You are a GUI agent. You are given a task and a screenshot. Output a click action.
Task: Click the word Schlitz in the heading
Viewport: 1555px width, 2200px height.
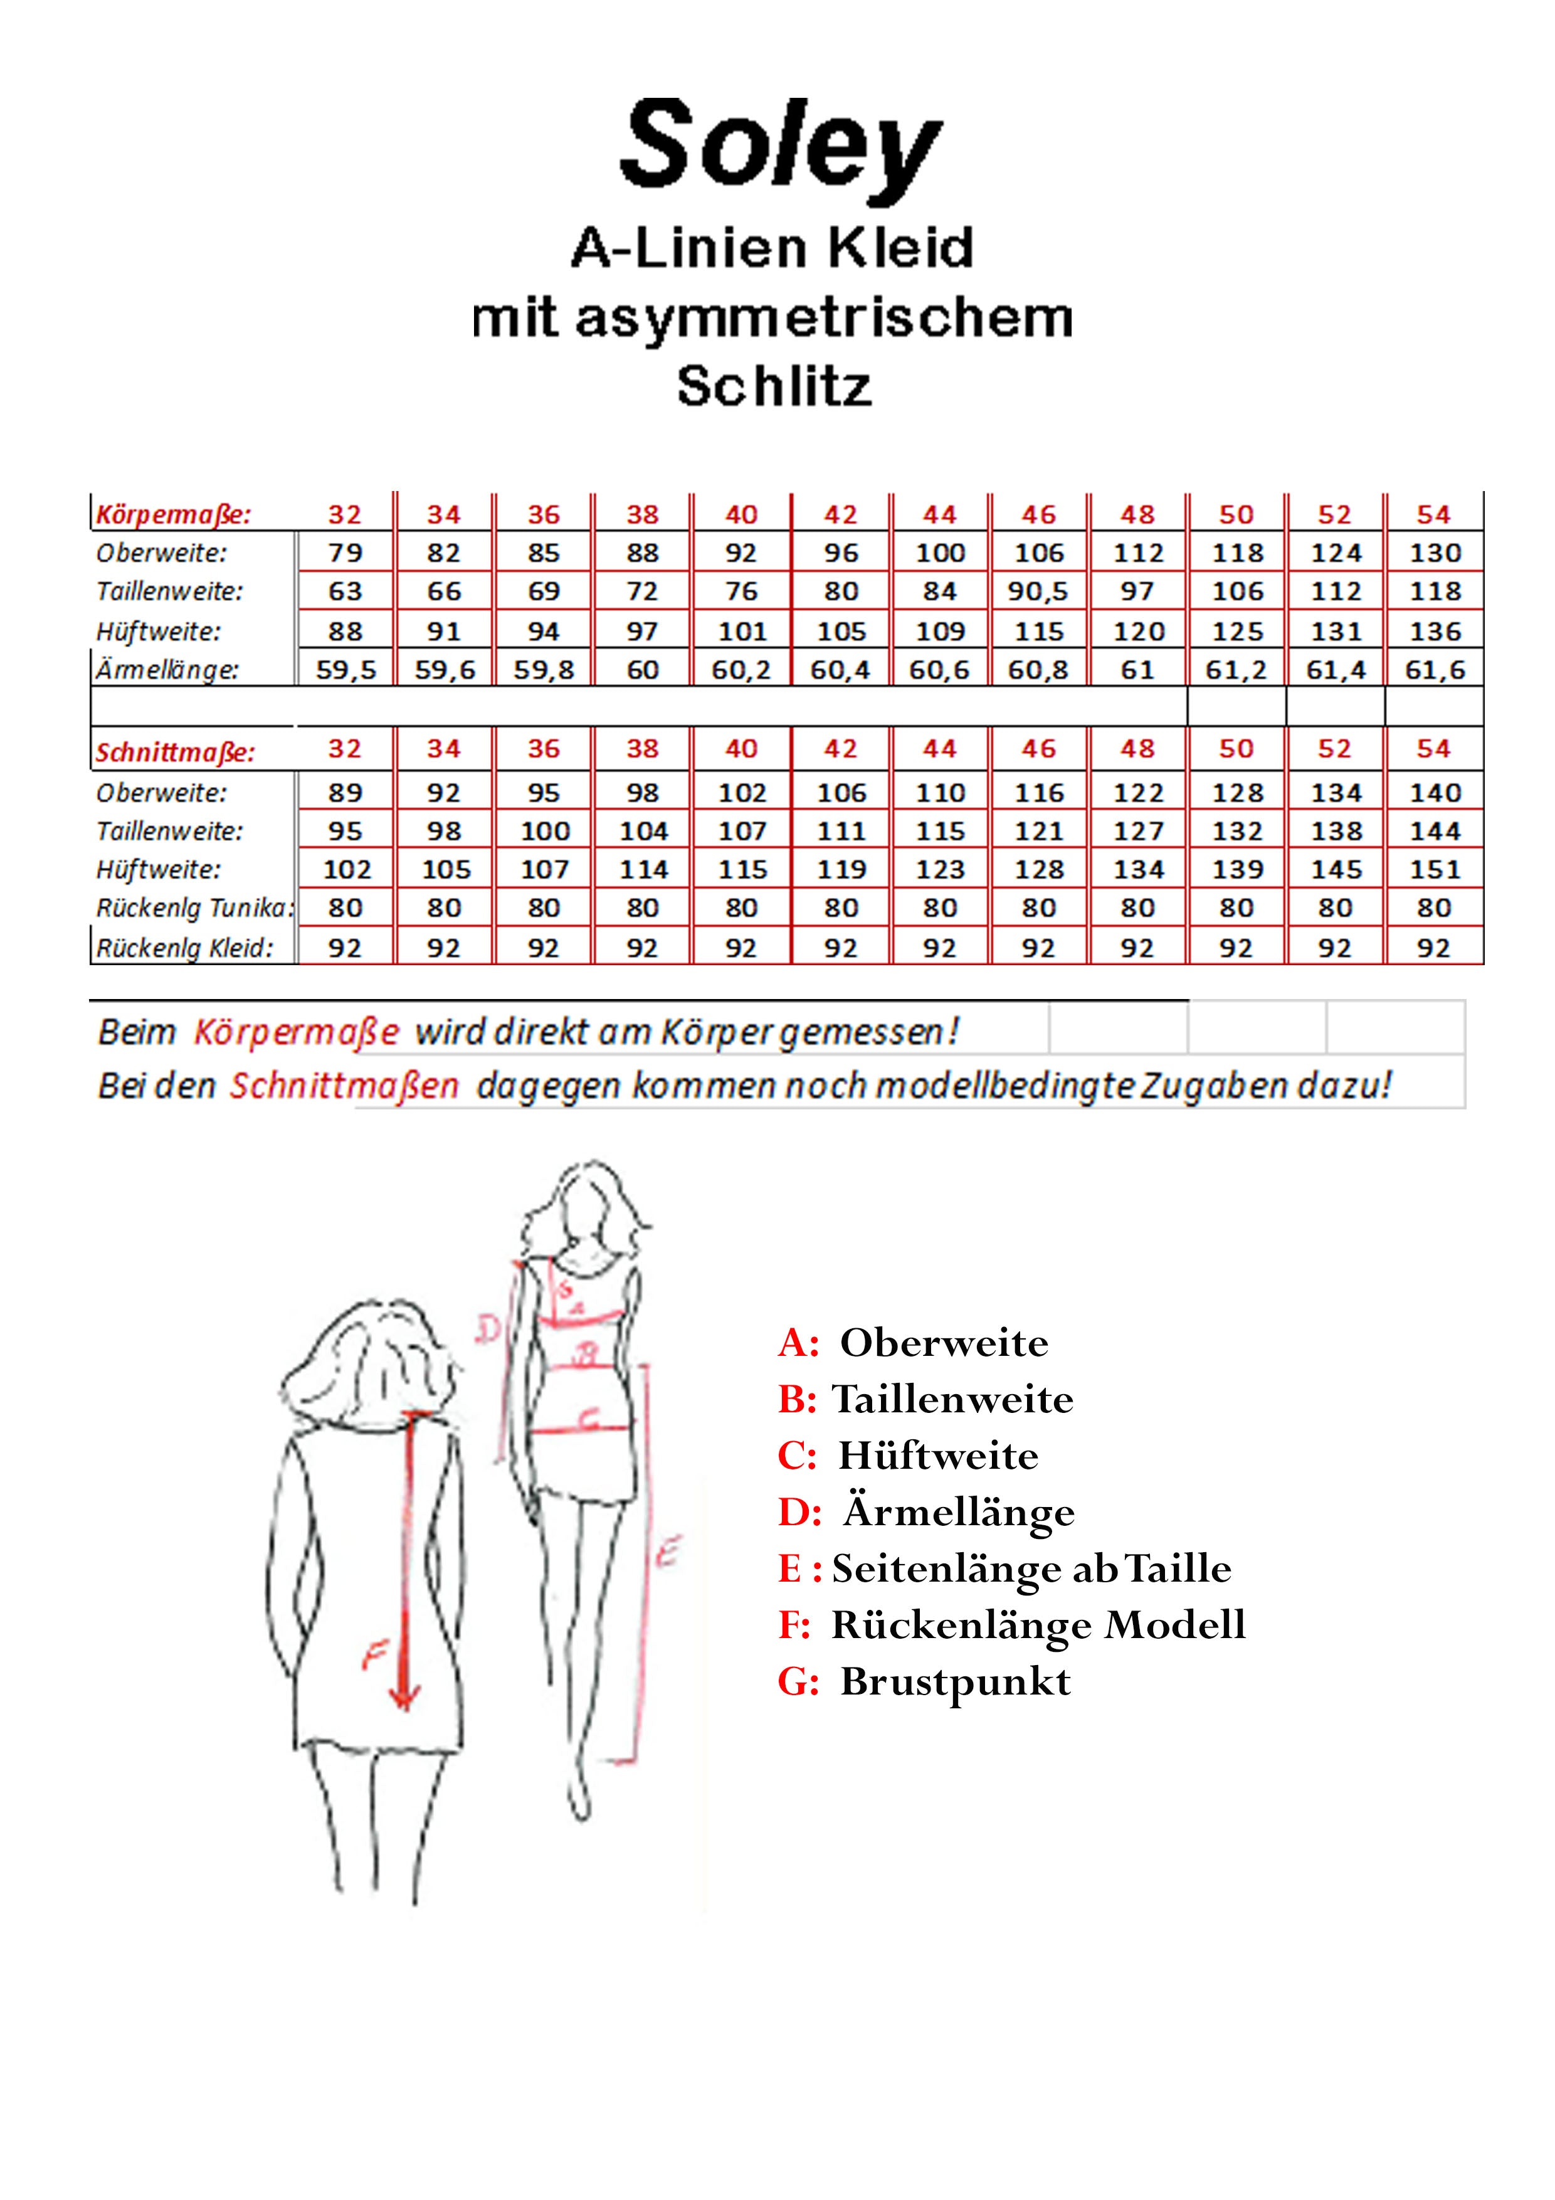(x=774, y=387)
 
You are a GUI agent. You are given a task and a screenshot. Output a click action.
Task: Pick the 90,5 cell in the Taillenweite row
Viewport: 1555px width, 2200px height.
(x=1038, y=592)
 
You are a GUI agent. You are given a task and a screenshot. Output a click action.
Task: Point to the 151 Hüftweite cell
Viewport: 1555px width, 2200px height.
(x=1434, y=870)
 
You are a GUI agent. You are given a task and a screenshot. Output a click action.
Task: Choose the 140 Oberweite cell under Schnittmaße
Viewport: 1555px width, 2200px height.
(x=1434, y=793)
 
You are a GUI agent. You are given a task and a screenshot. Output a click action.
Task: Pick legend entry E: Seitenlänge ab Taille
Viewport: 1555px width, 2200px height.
(x=1004, y=1568)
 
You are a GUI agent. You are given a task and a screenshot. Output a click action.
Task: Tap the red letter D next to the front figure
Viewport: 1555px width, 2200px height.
(x=488, y=1329)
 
